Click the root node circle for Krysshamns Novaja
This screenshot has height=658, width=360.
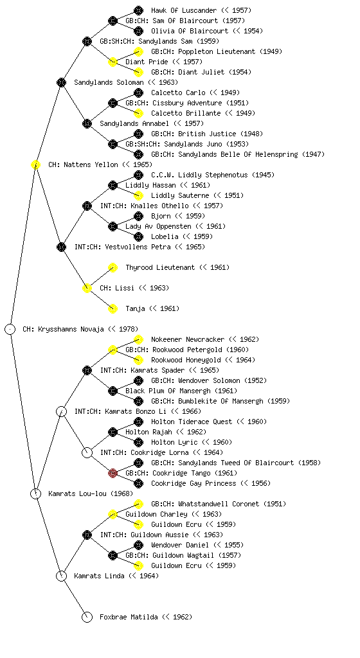click(x=10, y=329)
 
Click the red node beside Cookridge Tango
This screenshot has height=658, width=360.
click(x=113, y=473)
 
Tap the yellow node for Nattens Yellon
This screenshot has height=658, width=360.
click(x=35, y=164)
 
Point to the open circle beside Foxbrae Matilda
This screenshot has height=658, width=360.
click(x=87, y=617)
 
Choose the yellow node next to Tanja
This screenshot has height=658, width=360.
click(x=113, y=308)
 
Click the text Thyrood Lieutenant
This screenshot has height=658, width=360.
click(x=160, y=267)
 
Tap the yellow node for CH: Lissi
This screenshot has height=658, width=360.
click(x=87, y=288)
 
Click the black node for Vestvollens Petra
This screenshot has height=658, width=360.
click(x=61, y=247)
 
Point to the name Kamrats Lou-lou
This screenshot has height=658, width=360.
click(x=77, y=493)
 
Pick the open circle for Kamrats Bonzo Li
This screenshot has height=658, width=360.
click(x=61, y=411)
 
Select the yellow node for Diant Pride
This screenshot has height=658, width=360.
click(x=113, y=62)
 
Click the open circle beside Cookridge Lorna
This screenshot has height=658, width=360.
click(x=87, y=452)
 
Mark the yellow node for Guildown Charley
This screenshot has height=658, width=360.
click(x=113, y=514)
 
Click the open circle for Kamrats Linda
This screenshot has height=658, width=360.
click(x=61, y=576)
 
